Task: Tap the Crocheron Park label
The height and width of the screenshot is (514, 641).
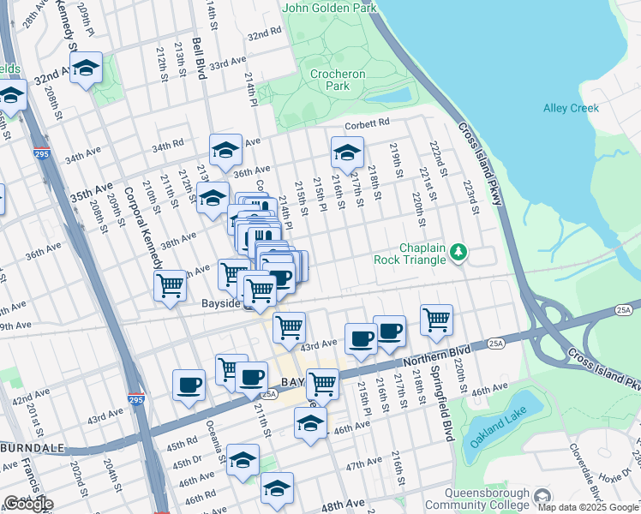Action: (x=338, y=80)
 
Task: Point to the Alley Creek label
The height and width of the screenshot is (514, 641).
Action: (x=572, y=108)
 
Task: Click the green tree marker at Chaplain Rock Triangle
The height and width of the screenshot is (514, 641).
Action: (x=459, y=252)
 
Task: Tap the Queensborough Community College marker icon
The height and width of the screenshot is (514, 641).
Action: (x=542, y=497)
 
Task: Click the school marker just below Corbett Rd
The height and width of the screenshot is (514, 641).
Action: (x=346, y=153)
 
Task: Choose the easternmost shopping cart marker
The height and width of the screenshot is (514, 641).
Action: (x=437, y=320)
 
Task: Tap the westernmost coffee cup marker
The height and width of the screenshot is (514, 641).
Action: (x=189, y=385)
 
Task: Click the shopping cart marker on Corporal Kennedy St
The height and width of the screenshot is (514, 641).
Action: (x=171, y=285)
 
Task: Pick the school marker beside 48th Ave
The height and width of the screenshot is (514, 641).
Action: (x=277, y=488)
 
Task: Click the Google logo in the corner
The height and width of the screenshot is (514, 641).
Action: (x=27, y=504)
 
